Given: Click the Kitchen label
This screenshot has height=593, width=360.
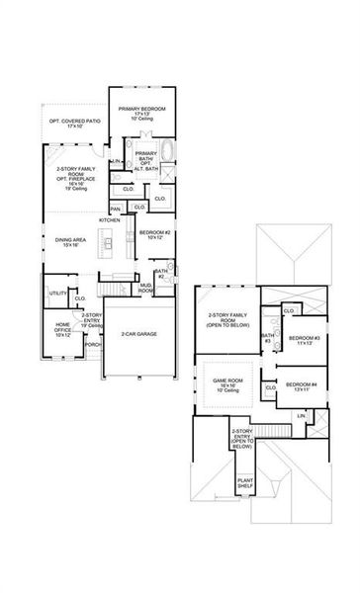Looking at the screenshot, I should [110, 219].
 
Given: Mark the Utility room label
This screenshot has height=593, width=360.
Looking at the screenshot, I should [57, 293].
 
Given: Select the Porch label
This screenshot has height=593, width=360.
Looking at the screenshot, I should [93, 345].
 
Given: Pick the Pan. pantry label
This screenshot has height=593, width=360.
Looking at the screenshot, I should [116, 209].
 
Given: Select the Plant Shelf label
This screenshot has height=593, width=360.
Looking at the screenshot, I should [244, 484].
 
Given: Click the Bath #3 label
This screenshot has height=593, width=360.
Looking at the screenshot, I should [267, 338].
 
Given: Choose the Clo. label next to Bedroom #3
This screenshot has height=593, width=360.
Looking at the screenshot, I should [288, 310].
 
